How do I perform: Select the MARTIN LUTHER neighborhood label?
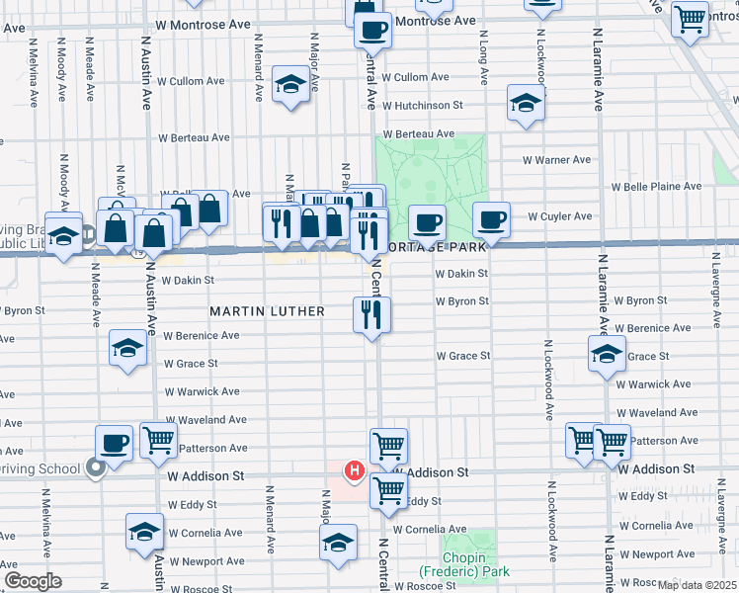tap(267, 311)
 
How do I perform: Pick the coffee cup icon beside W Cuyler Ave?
tap(491, 218)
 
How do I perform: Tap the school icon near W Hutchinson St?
tap(526, 102)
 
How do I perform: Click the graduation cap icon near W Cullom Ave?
tap(290, 85)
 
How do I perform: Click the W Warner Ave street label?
tap(556, 159)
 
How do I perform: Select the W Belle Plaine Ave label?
tap(656, 186)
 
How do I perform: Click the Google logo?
tap(33, 581)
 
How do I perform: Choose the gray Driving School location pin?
tap(96, 469)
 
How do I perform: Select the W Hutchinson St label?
tap(423, 106)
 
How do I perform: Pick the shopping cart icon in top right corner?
tap(690, 18)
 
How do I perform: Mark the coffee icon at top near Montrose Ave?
tap(372, 30)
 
